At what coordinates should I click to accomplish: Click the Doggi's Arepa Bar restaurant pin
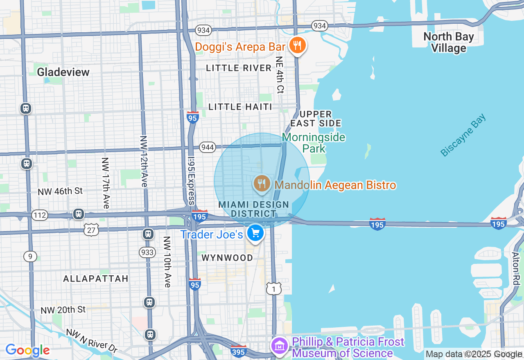(x=298, y=45)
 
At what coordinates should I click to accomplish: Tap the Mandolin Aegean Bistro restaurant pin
(x=262, y=183)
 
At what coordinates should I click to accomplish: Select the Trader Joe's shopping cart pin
(x=255, y=233)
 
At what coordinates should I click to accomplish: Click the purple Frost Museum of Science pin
(x=280, y=346)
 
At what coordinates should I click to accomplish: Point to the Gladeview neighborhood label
(x=63, y=72)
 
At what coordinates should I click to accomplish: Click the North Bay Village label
(x=448, y=43)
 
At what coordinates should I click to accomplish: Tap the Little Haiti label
(x=240, y=107)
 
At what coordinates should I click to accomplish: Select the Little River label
(x=239, y=68)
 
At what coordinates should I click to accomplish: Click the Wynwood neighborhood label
(x=227, y=258)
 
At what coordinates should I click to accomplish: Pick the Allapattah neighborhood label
(x=96, y=279)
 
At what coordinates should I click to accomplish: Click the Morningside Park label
(x=314, y=143)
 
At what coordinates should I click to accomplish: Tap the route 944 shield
(x=208, y=147)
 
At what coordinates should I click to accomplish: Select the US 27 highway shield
(x=91, y=230)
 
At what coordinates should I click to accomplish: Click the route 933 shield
(x=147, y=252)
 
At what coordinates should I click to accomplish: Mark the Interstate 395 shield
(x=238, y=351)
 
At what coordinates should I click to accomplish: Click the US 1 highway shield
(x=273, y=288)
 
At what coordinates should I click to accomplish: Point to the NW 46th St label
(x=60, y=191)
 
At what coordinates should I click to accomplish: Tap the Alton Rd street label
(x=516, y=268)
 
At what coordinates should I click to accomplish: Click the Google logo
(x=27, y=350)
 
